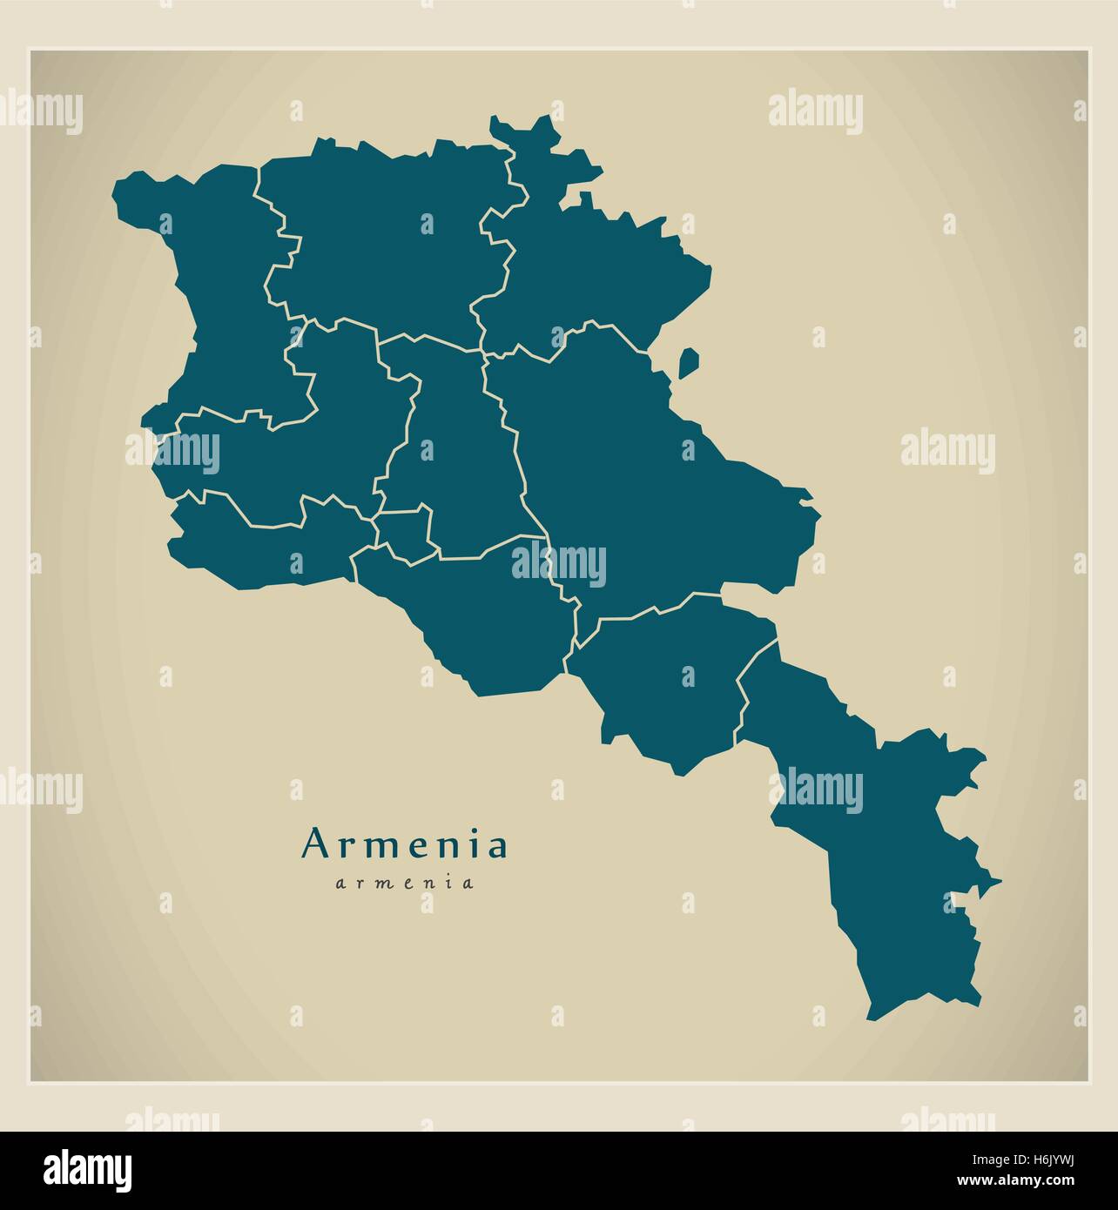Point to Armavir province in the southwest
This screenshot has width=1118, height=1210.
261,548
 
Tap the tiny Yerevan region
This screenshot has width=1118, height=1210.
405,531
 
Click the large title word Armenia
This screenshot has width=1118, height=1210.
404,845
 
